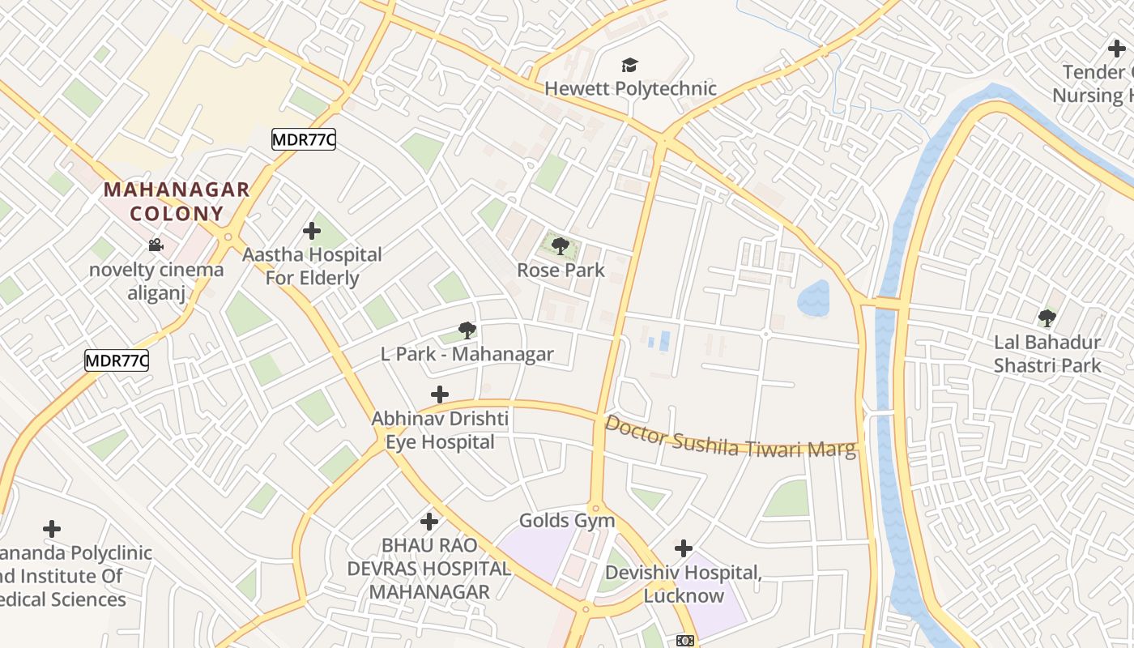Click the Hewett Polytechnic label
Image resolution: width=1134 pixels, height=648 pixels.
(x=630, y=88)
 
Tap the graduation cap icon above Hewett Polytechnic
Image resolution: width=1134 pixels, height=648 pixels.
(x=629, y=65)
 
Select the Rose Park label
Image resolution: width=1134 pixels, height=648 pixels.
(x=561, y=270)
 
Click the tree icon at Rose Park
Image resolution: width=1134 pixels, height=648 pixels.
(x=560, y=245)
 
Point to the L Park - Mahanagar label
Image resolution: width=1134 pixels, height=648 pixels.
(x=467, y=354)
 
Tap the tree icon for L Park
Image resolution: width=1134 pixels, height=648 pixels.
(x=467, y=330)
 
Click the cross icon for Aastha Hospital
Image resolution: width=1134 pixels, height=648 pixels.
(x=312, y=232)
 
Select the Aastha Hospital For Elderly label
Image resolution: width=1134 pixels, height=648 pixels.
(x=312, y=266)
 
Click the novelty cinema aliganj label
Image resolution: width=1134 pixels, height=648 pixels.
(x=156, y=281)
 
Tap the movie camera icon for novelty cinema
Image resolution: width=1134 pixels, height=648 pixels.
(x=156, y=245)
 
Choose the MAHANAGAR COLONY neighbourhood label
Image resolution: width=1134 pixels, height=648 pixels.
(x=177, y=202)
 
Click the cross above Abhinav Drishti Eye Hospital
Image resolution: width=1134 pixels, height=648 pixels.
(x=440, y=394)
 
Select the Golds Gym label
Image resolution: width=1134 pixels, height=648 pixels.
(x=567, y=520)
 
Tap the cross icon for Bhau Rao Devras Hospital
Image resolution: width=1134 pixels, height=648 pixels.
(x=429, y=522)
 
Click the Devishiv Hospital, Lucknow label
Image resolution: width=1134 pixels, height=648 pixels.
(x=684, y=584)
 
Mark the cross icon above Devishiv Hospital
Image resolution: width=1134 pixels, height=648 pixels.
(x=684, y=548)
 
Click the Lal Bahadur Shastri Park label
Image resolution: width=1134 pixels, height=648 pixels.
(x=1047, y=354)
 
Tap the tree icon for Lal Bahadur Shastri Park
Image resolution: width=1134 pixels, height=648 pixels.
(x=1047, y=318)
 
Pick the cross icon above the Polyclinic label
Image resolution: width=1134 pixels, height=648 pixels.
(x=52, y=529)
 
